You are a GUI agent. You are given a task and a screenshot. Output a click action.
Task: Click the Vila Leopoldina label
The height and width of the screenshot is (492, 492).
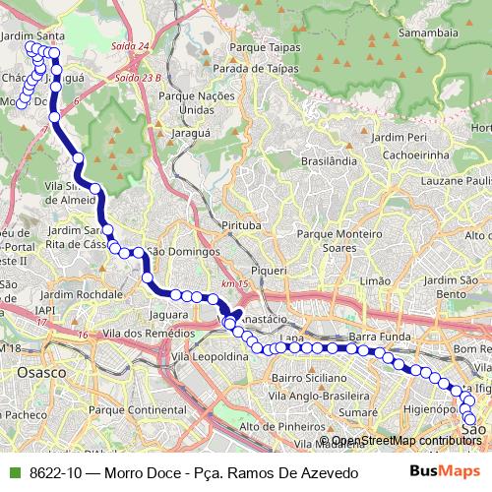tap(209, 358)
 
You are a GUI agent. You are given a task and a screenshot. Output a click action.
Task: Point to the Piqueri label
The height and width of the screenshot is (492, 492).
tap(269, 269)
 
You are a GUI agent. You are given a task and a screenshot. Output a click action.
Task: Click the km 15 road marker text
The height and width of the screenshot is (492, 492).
tap(232, 284)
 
